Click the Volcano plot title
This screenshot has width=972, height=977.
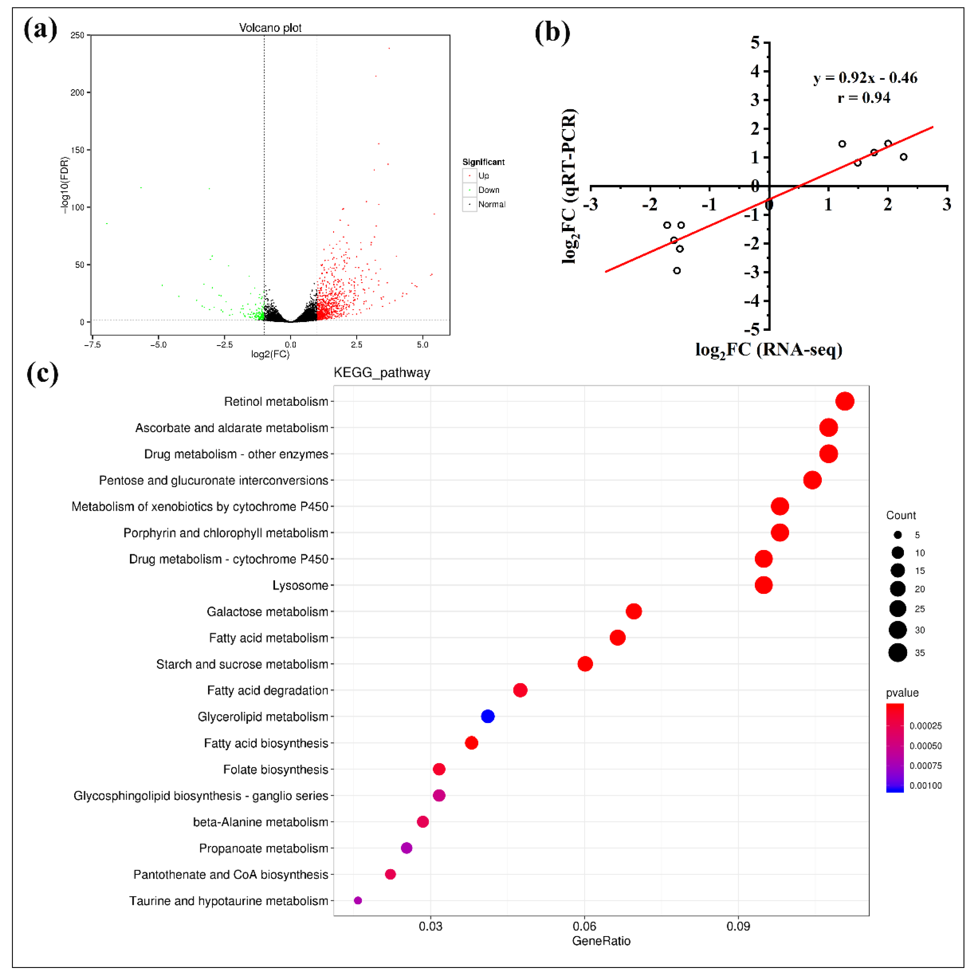(x=270, y=28)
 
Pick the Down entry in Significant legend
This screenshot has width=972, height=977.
(x=488, y=190)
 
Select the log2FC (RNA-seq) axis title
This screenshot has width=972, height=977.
(x=768, y=350)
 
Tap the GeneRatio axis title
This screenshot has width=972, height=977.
(x=601, y=940)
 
